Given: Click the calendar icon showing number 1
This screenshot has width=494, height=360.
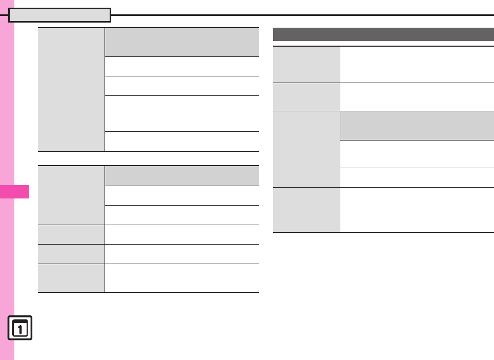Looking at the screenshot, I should (20, 328).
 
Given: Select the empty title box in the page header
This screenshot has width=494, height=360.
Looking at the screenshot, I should (60, 15).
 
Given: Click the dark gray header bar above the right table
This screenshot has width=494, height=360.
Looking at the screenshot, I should (383, 34).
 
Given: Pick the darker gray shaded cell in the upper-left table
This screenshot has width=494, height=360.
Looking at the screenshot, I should (181, 42).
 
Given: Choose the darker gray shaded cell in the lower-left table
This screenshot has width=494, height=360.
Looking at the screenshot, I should (181, 176).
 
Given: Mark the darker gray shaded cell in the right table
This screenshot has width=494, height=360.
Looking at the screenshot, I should (417, 125).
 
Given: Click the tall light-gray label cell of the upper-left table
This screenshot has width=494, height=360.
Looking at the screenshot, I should (71, 90).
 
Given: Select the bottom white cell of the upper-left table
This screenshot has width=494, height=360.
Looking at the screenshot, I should (181, 141).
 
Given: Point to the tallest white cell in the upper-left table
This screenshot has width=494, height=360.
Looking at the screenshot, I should (181, 113).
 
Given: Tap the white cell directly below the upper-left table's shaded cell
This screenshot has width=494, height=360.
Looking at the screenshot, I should (181, 66).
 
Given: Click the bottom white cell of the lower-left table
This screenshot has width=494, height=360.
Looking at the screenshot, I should (181, 278).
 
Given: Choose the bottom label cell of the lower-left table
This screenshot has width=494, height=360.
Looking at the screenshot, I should (71, 278).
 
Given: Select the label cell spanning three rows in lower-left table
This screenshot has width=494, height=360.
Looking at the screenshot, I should (71, 195).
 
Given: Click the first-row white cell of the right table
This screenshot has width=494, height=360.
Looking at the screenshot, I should (417, 64).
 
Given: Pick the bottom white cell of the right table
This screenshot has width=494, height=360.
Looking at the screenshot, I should (417, 210).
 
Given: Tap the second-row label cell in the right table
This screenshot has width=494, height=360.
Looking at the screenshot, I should (306, 96).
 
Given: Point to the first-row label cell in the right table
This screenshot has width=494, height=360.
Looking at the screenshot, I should (306, 64).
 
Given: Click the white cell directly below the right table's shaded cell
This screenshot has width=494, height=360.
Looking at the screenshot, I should (417, 154).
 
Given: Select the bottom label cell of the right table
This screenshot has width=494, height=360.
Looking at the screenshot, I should (306, 210).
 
